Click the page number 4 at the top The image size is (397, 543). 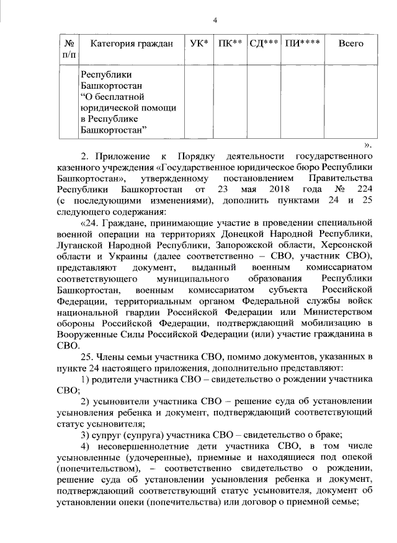[215, 20]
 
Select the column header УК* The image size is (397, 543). [198, 44]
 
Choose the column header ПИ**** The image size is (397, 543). [301, 44]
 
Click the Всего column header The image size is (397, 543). [350, 44]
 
